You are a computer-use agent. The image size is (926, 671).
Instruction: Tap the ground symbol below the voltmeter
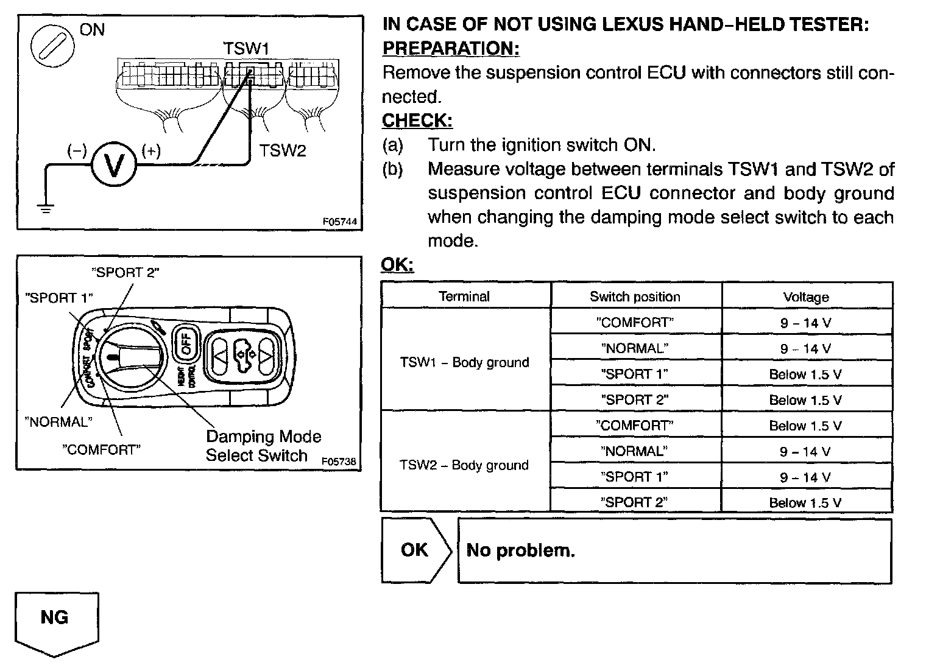pos(45,209)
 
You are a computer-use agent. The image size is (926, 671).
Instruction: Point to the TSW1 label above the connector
pos(246,48)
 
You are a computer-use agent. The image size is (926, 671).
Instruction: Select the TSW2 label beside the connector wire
pos(283,150)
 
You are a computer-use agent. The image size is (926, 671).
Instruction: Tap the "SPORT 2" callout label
pos(125,272)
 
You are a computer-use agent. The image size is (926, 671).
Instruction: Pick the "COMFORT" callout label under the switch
pos(101,450)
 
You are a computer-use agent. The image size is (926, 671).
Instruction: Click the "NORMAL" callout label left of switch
pos(58,421)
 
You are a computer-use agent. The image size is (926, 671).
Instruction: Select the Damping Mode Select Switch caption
pos(263,446)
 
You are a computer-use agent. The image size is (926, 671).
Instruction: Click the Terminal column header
pos(464,297)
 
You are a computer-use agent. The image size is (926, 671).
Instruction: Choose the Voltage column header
pos(806,297)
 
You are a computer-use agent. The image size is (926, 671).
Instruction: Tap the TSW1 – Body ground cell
pos(464,362)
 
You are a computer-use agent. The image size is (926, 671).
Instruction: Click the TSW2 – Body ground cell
pos(464,465)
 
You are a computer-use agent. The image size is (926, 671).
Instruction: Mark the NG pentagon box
pos(55,619)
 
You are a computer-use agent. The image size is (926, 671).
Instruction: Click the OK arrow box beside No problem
pos(415,550)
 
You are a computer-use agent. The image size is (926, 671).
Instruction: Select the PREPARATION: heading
pos(451,49)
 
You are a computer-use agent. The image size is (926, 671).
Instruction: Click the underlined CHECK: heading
pos(417,121)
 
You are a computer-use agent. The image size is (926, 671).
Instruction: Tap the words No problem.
pos(520,550)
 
